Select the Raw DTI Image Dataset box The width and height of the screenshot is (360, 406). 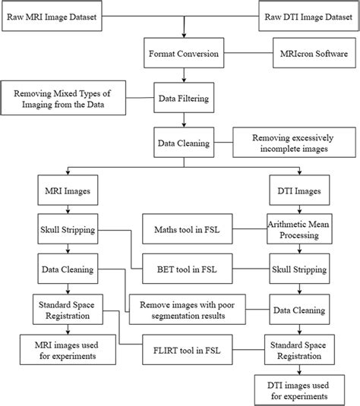304,14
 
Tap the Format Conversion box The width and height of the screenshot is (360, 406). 184,55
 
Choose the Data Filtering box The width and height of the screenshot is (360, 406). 184,98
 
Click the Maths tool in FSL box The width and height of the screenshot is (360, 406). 192,226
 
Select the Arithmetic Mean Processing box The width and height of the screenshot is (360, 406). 295,226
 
